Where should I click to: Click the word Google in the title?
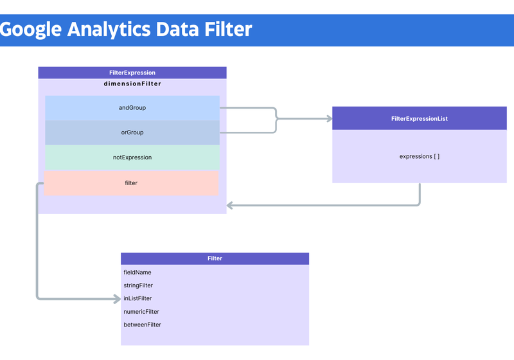coord(30,30)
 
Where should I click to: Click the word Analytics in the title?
coord(109,29)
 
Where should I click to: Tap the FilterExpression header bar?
coord(132,73)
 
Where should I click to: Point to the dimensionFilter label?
coord(132,84)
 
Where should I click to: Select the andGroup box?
coord(132,108)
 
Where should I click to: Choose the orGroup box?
coord(132,132)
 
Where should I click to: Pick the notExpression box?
coord(132,157)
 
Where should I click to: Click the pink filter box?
coord(131,183)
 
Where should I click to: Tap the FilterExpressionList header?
coord(420,118)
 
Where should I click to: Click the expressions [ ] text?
coord(420,156)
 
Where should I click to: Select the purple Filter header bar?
coord(215,258)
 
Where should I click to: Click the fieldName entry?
coord(137,273)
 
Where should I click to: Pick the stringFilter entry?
coord(138,285)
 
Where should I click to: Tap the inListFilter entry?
coord(137,298)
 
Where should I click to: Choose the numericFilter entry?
coord(141,312)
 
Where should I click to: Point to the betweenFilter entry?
coord(142,325)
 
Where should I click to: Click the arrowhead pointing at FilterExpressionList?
coord(330,118)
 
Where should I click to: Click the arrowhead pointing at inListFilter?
coord(118,299)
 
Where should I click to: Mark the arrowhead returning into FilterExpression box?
coord(229,206)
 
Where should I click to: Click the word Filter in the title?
coord(228,29)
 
